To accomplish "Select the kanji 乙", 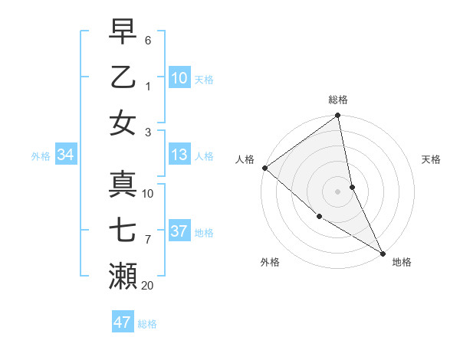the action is click(123, 77).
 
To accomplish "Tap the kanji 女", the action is click(123, 123).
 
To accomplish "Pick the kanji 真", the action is click(123, 184).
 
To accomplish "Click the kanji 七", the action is click(123, 230).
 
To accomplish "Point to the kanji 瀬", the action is click(123, 277).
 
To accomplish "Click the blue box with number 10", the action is click(179, 78).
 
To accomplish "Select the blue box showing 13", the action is click(179, 155).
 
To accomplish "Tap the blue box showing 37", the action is click(179, 232).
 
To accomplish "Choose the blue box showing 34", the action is click(65, 155).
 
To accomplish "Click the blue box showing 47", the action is click(123, 322).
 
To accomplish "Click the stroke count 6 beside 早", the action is click(147, 39).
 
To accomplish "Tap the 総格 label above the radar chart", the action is click(337, 100).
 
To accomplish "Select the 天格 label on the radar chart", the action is click(431, 159).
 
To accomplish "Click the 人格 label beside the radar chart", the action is click(245, 159).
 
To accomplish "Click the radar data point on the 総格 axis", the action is click(337, 116).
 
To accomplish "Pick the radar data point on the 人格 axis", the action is click(264, 168).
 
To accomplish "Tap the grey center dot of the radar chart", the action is click(337, 191).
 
